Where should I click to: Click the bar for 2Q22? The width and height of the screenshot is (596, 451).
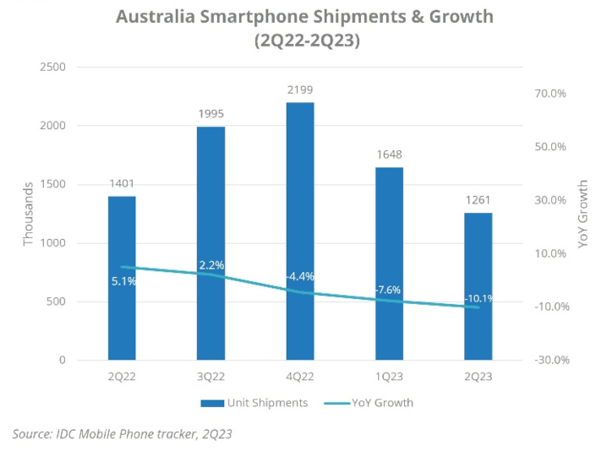point(122,278)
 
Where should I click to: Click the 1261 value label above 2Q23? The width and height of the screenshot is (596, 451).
point(478,201)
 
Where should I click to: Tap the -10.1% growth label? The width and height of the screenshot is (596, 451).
point(478,298)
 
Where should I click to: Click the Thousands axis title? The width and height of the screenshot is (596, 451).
point(28,213)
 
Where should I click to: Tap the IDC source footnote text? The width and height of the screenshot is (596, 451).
point(123,434)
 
